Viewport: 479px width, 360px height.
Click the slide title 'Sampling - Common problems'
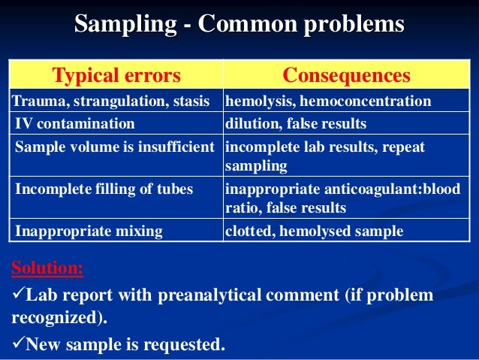point(239,25)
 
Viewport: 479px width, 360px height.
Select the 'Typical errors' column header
point(116,75)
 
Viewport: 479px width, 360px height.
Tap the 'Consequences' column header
point(346,75)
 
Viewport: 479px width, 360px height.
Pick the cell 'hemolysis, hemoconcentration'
point(328,101)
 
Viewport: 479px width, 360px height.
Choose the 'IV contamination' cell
point(75,123)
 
